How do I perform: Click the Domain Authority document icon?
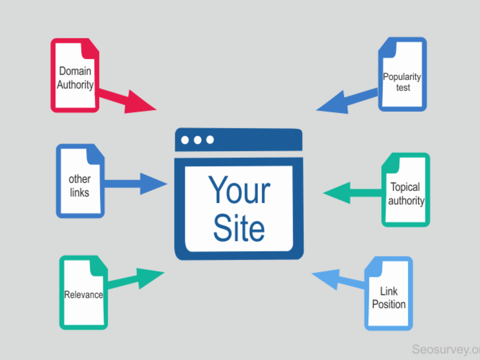[x=75, y=75]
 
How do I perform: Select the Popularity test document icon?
[x=403, y=74]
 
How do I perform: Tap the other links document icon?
[x=81, y=181]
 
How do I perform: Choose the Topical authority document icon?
[x=406, y=190]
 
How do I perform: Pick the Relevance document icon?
[x=84, y=293]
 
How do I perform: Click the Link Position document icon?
[x=389, y=294]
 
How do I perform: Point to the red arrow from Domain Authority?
[x=128, y=100]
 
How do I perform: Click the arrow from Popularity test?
[x=347, y=101]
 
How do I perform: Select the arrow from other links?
[x=136, y=184]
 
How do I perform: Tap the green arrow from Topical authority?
[x=353, y=193]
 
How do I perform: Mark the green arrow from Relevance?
[x=136, y=278]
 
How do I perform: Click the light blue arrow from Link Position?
[x=338, y=279]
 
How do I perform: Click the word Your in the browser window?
[x=239, y=190]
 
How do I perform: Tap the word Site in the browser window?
[x=239, y=228]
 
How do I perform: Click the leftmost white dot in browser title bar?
[x=185, y=140]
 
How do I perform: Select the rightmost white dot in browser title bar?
[x=210, y=140]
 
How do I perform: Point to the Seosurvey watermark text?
[x=446, y=349]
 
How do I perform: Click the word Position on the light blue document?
[x=389, y=304]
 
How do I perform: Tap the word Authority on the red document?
[x=75, y=84]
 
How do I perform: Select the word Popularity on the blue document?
[x=402, y=76]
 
